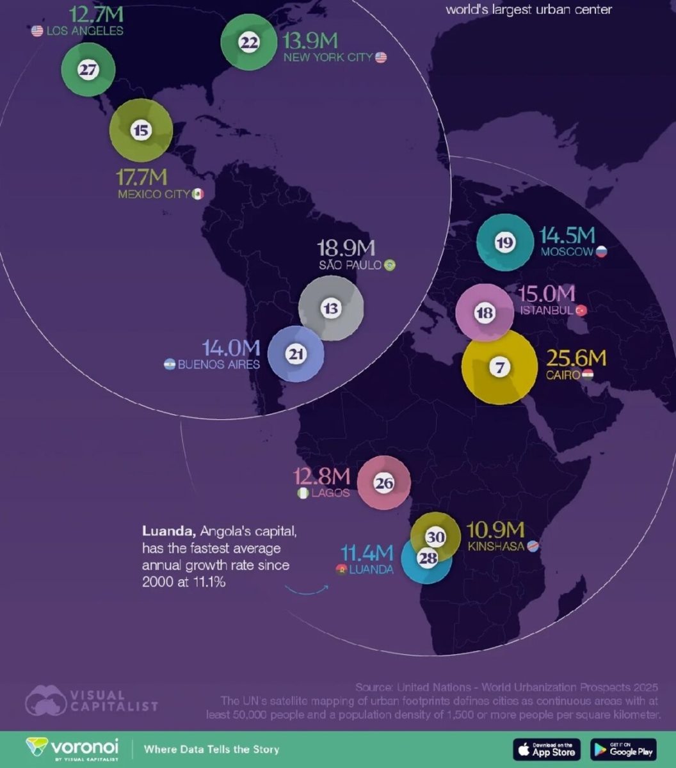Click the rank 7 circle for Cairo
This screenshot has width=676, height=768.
click(x=499, y=367)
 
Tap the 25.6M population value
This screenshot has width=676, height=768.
click(x=575, y=358)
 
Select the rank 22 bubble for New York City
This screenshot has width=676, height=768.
click(x=248, y=43)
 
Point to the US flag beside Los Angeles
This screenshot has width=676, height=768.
click(x=37, y=31)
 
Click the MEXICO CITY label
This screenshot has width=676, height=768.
click(x=154, y=194)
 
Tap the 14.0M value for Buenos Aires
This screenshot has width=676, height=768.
click(x=231, y=348)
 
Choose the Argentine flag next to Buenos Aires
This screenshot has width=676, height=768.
click(x=170, y=365)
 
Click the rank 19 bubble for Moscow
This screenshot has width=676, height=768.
click(x=505, y=243)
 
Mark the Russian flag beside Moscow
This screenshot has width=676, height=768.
click(x=601, y=252)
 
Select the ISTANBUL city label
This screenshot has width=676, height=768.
click(x=546, y=310)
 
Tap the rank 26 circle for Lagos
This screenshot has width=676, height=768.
click(x=383, y=484)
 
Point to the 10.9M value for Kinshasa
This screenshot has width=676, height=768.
click(x=495, y=530)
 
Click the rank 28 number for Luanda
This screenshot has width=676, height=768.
click(x=427, y=558)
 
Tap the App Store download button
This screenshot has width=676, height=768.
click(x=547, y=749)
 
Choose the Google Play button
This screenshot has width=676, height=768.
click(x=624, y=749)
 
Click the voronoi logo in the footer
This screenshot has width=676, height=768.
click(x=72, y=748)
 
